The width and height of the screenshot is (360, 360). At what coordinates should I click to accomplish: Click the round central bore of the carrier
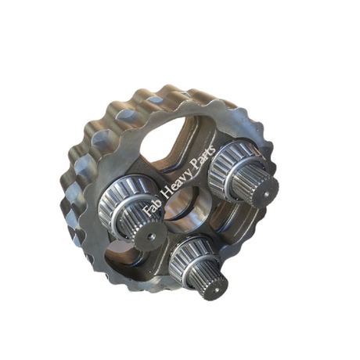[185, 207]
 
